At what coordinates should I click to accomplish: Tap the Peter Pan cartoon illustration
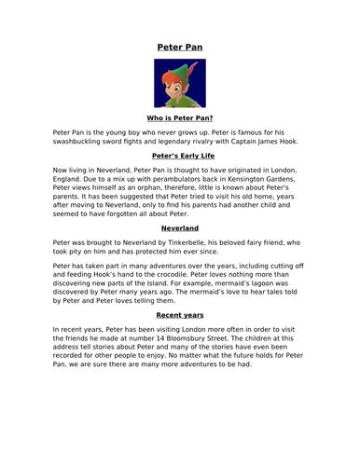pos(179,83)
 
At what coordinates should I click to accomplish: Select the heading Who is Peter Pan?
pos(179,118)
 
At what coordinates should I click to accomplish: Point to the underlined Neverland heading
pos(179,226)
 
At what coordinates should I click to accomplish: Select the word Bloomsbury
pos(206,340)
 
